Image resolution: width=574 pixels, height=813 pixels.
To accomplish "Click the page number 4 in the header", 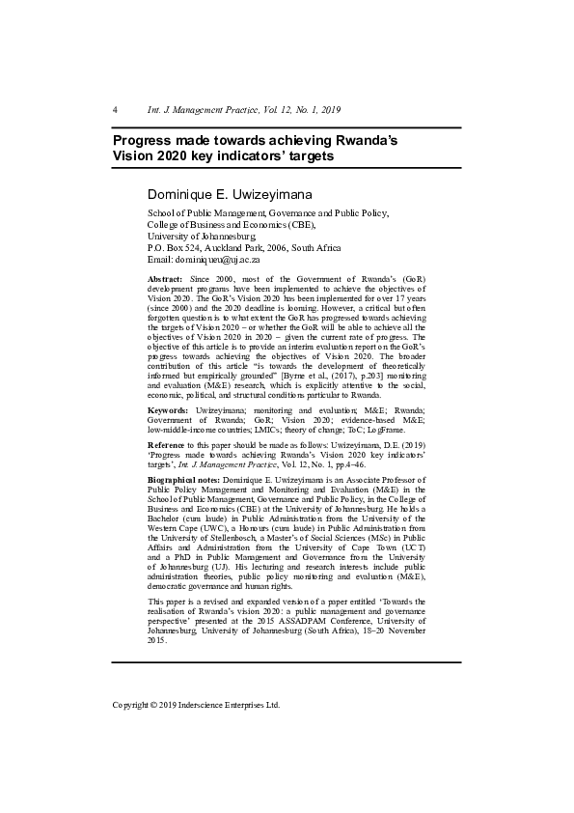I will (x=115, y=109).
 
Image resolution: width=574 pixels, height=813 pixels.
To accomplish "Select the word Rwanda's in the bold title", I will (x=364, y=140).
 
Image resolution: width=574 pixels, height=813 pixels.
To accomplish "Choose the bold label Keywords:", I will (x=168, y=410).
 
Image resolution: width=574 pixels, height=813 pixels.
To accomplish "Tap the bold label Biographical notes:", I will (x=183, y=479).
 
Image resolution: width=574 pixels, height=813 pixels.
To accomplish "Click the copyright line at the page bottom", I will (x=196, y=705).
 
